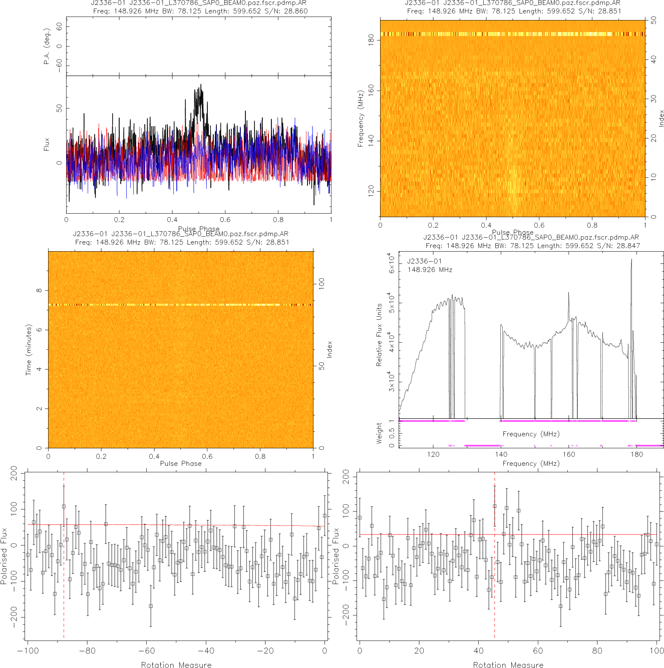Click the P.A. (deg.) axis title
(47, 47)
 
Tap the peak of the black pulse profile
(201, 85)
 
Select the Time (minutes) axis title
(29, 350)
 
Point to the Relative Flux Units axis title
(379, 335)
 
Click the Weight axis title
(379, 433)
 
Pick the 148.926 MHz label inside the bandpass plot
(430, 270)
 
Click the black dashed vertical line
(64, 555)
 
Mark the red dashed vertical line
(494, 555)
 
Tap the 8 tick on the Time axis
(39, 290)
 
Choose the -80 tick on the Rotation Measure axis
(87, 650)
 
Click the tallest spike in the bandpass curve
(631, 259)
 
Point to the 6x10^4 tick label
(392, 263)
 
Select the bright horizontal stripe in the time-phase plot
(180, 305)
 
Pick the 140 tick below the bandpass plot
(501, 454)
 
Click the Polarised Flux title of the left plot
(5, 555)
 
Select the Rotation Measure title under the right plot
(508, 664)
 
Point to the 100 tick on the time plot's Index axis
(321, 283)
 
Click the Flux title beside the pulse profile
(47, 145)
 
